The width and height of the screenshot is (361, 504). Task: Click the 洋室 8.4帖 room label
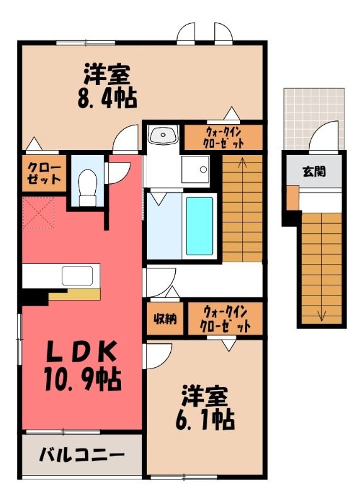click(107, 86)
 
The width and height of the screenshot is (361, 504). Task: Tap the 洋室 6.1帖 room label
click(205, 408)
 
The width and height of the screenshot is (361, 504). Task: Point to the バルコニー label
click(82, 455)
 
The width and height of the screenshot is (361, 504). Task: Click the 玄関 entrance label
click(314, 172)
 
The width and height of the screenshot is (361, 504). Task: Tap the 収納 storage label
click(165, 319)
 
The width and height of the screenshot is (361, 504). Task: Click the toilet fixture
click(88, 187)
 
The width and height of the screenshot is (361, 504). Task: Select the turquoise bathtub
click(199, 226)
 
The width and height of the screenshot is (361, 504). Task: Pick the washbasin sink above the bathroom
click(163, 134)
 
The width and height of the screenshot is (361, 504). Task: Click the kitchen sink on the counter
click(77, 276)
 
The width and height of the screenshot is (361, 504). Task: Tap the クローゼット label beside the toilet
click(44, 174)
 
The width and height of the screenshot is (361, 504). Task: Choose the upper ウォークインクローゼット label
click(224, 137)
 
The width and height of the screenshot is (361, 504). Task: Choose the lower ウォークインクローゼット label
click(225, 320)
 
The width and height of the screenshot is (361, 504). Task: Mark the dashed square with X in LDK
click(38, 213)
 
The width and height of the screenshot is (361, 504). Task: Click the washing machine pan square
click(195, 169)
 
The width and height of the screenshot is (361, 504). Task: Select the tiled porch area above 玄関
click(314, 119)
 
